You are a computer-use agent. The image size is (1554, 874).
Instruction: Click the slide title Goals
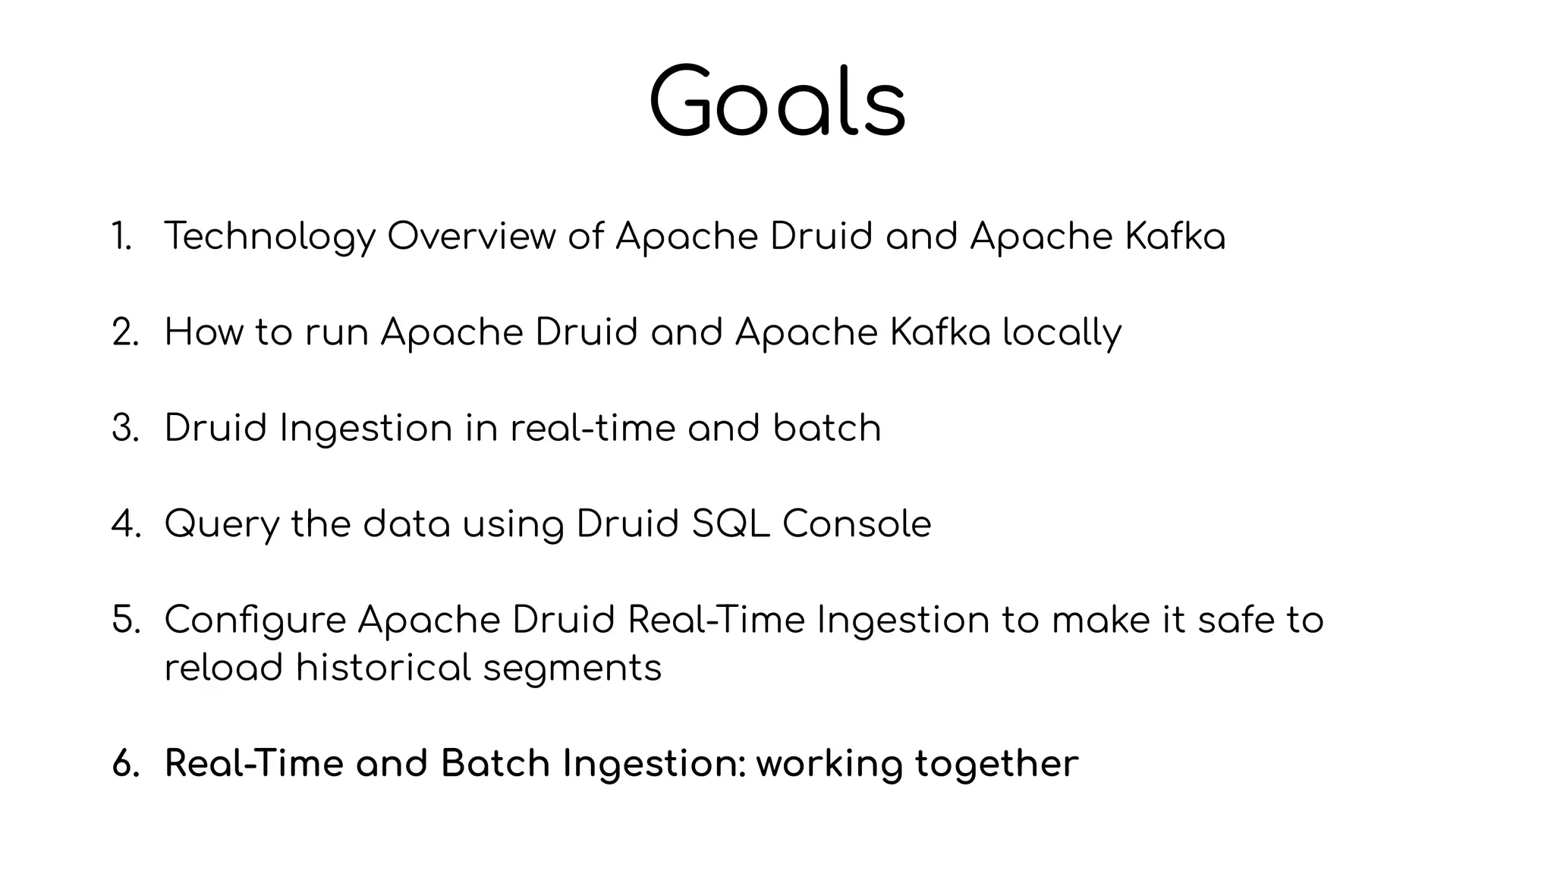[777, 102]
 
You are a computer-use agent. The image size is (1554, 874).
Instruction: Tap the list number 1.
[121, 236]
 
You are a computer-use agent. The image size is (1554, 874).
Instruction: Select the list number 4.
[126, 524]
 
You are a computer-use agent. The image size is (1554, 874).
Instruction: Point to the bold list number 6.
[126, 763]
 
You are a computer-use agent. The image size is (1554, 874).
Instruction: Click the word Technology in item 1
[269, 237]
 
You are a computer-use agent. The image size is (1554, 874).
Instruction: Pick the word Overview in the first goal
[471, 236]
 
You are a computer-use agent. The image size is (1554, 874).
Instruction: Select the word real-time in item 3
[593, 428]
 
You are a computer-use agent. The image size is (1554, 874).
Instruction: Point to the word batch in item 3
[827, 428]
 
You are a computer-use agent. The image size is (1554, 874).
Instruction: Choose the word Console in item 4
[857, 524]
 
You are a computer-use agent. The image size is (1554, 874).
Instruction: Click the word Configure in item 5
[255, 621]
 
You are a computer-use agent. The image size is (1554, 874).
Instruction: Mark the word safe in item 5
[1235, 620]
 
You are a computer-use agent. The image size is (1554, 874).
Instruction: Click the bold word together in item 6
[996, 764]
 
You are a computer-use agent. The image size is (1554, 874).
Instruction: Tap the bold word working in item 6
[829, 764]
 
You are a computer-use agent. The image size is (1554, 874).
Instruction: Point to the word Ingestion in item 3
[366, 429]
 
